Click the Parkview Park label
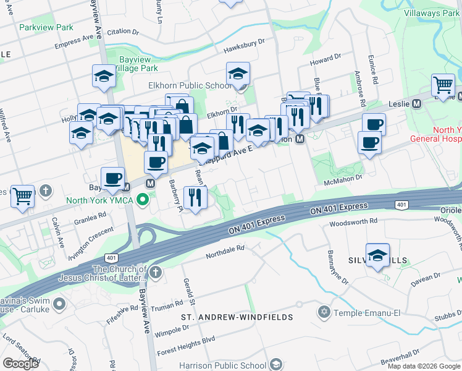46,27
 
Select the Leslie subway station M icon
416,103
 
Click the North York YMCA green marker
143,199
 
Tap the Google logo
20,363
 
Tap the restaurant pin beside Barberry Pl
195,198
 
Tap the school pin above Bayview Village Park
104,77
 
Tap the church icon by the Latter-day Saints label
156,272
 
